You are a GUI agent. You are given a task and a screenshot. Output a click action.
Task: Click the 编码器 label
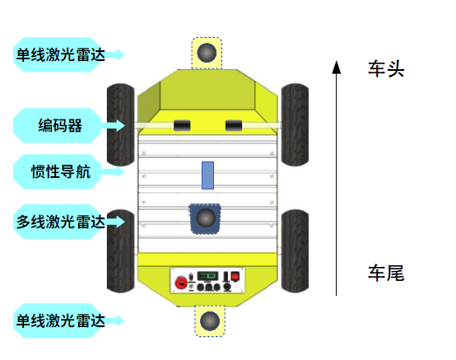tap(60, 125)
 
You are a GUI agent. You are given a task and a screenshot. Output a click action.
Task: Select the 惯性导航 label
tap(61, 171)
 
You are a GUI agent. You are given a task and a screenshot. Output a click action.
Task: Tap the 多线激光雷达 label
tap(60, 222)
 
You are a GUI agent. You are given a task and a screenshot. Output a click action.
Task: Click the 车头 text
tap(386, 69)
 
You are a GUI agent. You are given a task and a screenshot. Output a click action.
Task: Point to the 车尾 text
tap(386, 273)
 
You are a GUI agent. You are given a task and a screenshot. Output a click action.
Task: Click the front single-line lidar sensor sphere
tap(207, 53)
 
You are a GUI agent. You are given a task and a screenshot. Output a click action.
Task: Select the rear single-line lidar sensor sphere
tap(210, 320)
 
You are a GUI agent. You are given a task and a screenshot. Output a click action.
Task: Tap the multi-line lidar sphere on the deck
tap(206, 217)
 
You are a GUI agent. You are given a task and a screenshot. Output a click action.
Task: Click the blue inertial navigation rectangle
tap(208, 175)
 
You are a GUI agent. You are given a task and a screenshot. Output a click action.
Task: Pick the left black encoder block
tap(182, 126)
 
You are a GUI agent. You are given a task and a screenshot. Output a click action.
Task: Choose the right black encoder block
tap(234, 126)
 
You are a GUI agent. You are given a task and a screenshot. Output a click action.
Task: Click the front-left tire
tap(121, 125)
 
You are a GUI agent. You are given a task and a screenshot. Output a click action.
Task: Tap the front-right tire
tap(295, 125)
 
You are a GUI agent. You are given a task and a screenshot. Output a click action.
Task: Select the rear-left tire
tap(121, 251)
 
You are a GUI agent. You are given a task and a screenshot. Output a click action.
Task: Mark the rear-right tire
tap(295, 251)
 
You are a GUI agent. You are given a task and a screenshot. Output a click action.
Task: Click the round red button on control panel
tap(181, 283)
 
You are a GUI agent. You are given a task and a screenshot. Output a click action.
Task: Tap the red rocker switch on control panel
tap(235, 276)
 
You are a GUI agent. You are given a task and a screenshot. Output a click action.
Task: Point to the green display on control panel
tap(207, 276)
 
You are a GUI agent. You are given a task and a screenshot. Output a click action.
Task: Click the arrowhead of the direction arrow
tap(337, 67)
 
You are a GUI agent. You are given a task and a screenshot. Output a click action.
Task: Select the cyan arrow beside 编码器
tap(113, 125)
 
